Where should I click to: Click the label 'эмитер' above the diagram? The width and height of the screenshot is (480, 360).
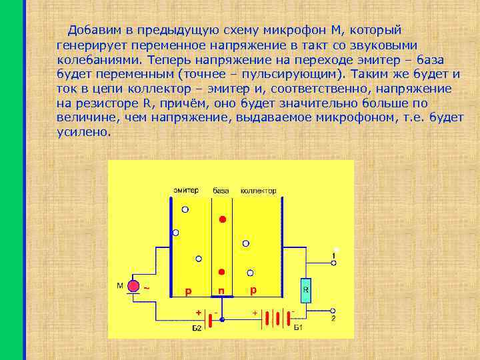(x=186, y=191)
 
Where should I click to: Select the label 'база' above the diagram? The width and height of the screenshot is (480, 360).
(x=221, y=191)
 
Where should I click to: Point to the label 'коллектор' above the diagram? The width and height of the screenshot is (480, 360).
(x=258, y=191)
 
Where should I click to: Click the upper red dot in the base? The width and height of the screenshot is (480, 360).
(x=223, y=219)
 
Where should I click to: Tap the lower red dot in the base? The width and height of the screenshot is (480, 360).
(x=221, y=272)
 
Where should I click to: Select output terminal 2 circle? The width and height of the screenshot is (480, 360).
(x=333, y=311)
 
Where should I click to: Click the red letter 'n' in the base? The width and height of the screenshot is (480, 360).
(x=221, y=291)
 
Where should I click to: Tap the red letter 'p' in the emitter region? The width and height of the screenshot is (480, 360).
(x=189, y=291)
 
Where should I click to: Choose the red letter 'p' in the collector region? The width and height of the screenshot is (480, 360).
(x=253, y=291)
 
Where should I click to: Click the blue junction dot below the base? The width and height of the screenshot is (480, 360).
(x=222, y=320)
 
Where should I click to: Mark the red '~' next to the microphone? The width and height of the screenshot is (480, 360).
(x=146, y=288)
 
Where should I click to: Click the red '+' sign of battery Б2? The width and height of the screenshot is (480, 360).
(x=198, y=312)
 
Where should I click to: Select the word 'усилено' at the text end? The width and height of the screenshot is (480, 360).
(x=82, y=131)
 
